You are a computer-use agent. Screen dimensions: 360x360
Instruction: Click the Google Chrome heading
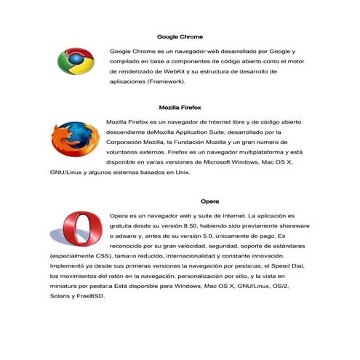click(180, 36)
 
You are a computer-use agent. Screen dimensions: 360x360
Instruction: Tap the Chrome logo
click(76, 62)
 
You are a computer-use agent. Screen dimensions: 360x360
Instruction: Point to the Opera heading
click(210, 201)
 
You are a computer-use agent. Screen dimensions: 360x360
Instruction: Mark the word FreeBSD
click(92, 297)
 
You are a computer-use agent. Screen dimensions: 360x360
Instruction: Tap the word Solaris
click(60, 297)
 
